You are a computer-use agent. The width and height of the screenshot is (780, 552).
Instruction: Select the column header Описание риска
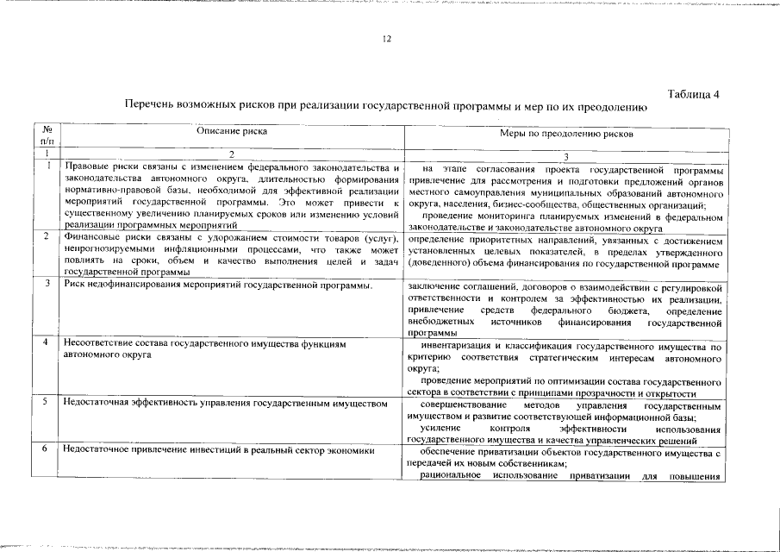[232, 132]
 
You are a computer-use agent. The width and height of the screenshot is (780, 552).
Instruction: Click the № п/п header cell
[47, 134]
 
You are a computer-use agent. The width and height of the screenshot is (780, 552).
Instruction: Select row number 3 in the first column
[47, 284]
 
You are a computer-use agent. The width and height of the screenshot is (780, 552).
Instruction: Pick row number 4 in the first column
[47, 343]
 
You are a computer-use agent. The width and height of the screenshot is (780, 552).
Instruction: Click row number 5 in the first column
[47, 402]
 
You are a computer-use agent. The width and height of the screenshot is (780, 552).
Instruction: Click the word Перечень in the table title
[149, 105]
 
